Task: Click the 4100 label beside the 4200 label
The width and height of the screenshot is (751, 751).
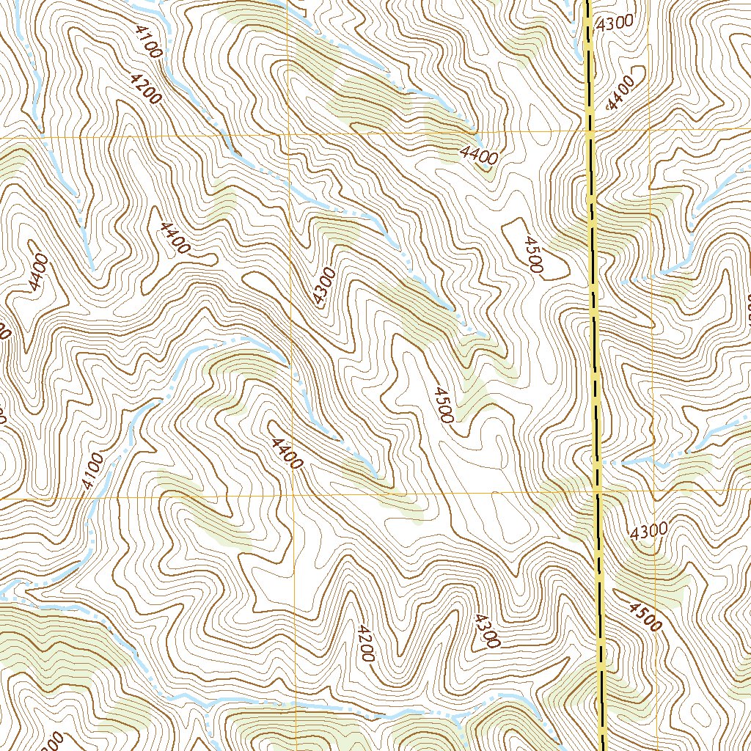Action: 148,41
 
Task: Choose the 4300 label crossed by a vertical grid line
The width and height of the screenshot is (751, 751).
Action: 323,287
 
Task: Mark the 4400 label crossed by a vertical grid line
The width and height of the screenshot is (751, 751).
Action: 287,453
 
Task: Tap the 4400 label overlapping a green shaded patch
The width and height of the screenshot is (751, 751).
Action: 480,155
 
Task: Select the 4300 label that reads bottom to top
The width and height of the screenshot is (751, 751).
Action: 323,287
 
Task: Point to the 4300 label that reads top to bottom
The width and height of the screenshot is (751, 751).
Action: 487,630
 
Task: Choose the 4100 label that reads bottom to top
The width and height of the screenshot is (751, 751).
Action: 92,472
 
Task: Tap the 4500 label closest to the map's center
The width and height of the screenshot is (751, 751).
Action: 442,404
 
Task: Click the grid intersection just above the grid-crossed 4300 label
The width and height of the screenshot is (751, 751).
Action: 289,135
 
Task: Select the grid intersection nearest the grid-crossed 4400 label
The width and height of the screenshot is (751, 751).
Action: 293,496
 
